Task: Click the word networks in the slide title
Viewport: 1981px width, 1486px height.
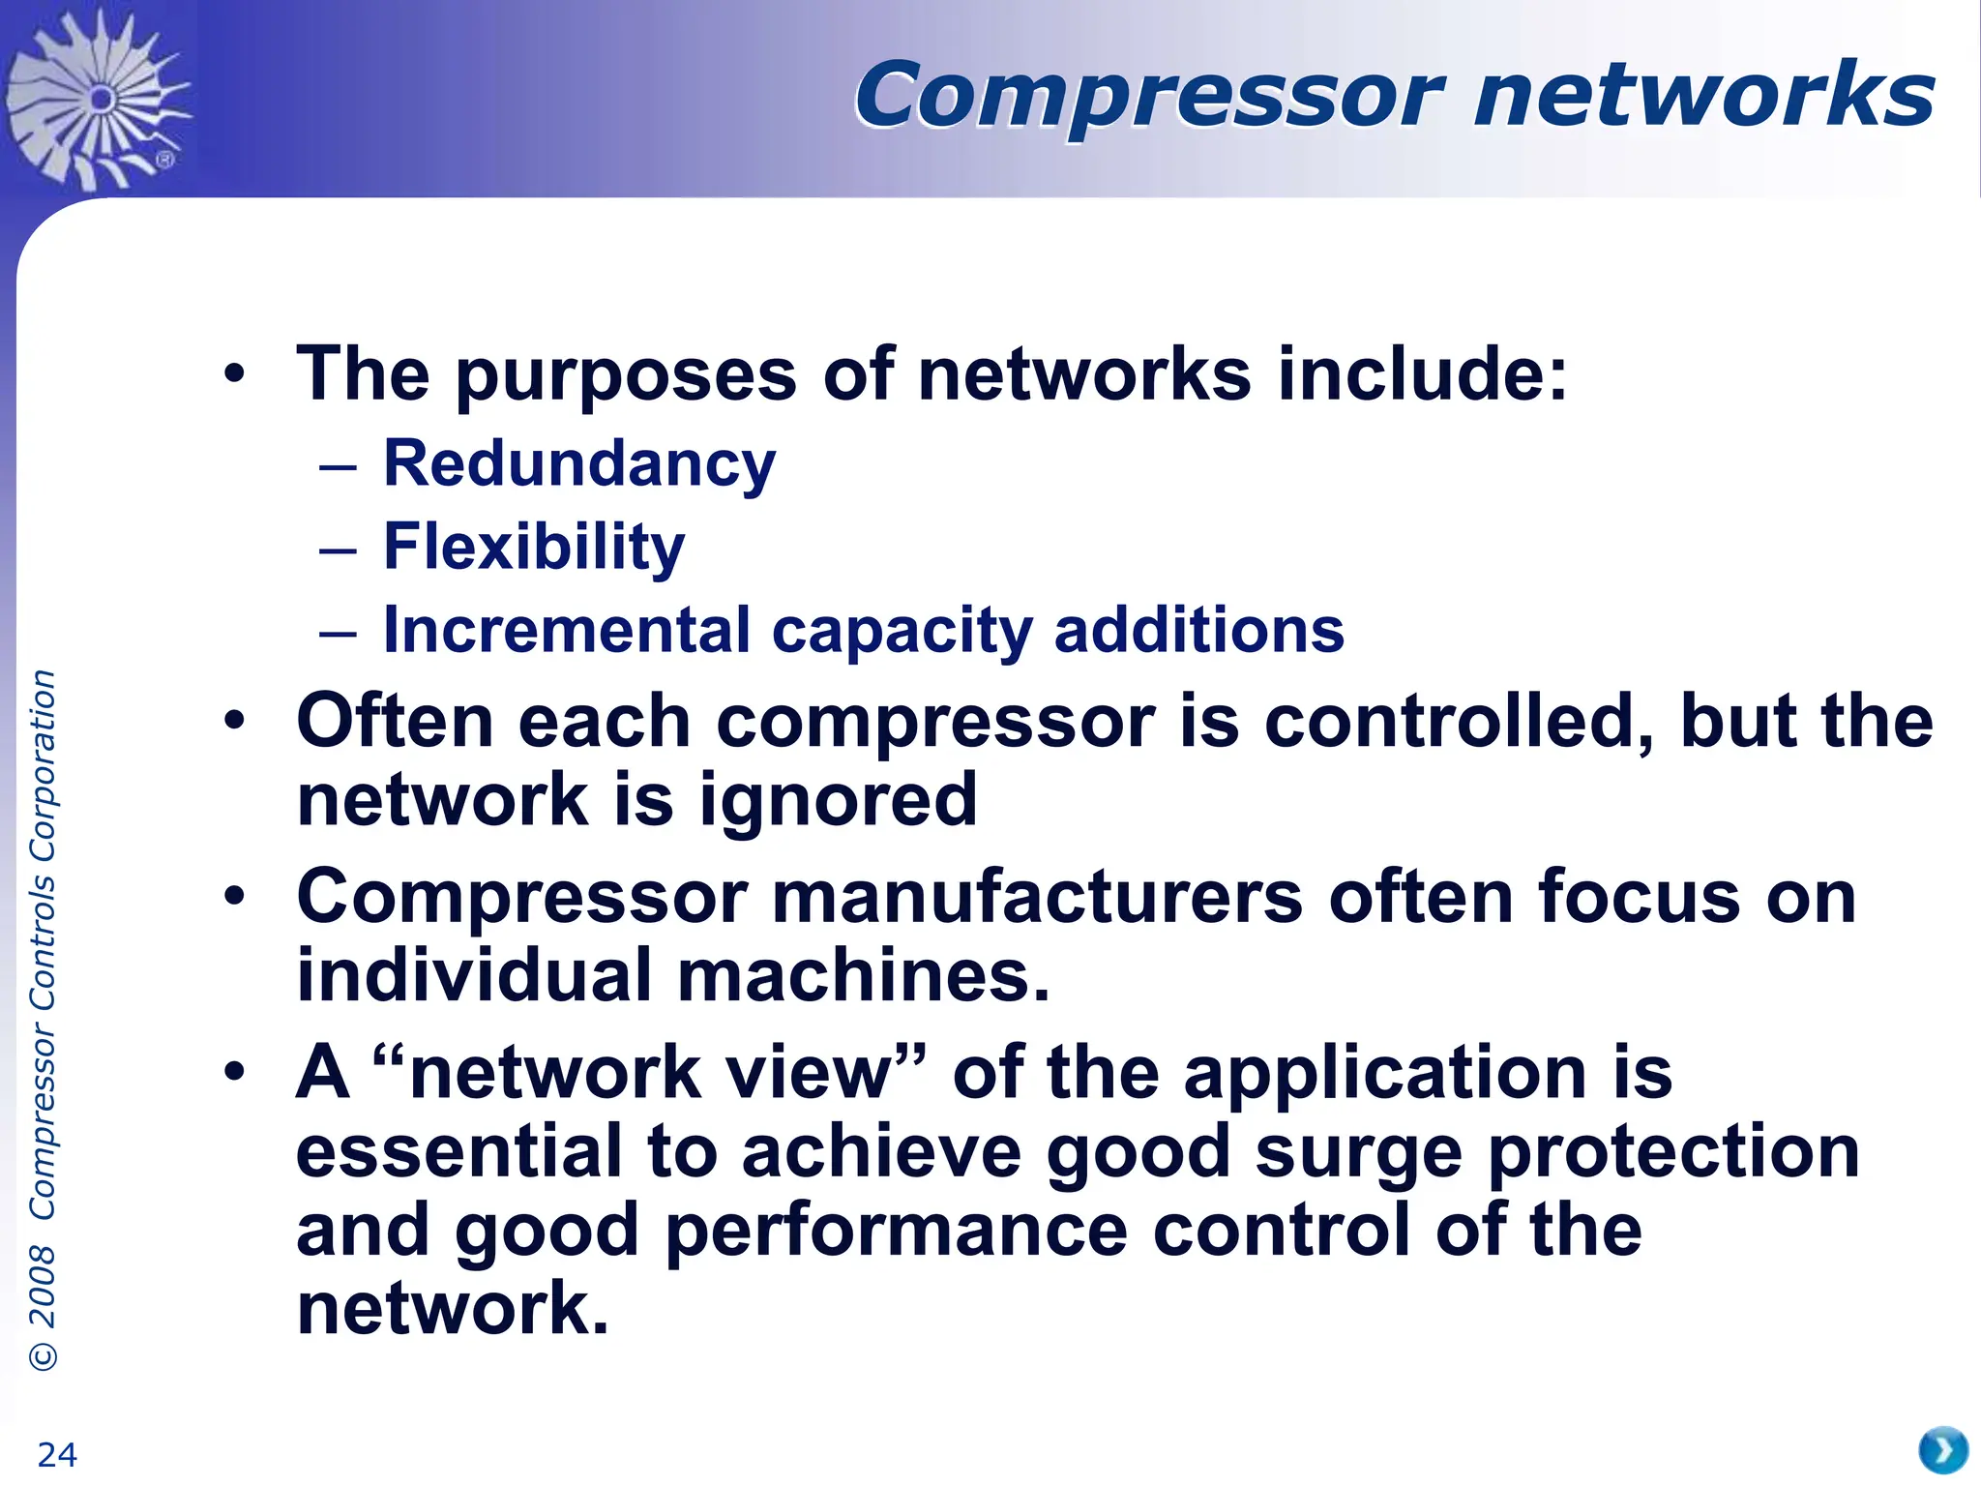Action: [x=1703, y=95]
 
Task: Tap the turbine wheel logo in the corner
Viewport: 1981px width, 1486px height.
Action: [x=97, y=97]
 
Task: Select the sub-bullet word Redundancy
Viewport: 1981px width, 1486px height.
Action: [x=579, y=464]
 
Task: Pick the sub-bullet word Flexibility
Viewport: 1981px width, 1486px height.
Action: [x=534, y=548]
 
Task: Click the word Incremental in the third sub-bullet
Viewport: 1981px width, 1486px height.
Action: [x=567, y=630]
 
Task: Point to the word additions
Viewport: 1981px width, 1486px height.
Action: [x=1198, y=630]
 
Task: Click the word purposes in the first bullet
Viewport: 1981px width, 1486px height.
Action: [x=626, y=375]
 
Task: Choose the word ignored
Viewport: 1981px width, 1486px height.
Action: [x=839, y=801]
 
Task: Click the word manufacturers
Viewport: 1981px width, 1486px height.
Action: [x=1037, y=898]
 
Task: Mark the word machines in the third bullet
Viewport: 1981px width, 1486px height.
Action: [x=863, y=976]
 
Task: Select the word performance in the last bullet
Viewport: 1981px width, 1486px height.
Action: [x=897, y=1232]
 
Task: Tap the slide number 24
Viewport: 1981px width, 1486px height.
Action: [x=57, y=1454]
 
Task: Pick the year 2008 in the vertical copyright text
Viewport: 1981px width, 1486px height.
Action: [x=43, y=1287]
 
